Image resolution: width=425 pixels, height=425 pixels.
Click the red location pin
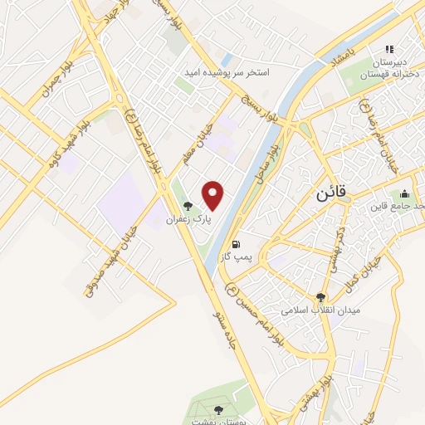(x=213, y=195)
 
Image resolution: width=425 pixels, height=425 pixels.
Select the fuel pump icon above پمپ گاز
(x=238, y=244)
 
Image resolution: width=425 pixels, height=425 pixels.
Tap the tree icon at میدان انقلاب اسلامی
(x=320, y=296)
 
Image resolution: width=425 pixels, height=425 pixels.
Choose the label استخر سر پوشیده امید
(x=233, y=73)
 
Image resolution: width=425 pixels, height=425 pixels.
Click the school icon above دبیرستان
(x=390, y=47)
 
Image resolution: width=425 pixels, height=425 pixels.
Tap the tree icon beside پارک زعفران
(x=188, y=206)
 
